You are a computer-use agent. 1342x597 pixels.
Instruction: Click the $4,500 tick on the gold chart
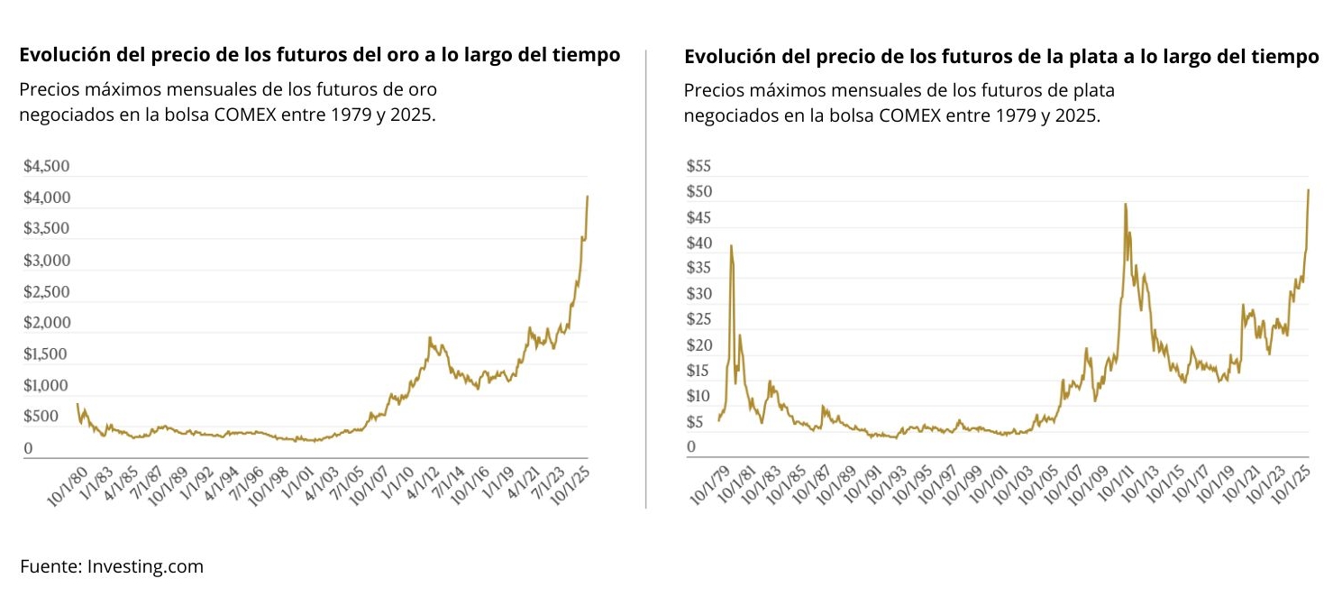[46, 167]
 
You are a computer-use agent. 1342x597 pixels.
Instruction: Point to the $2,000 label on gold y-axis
[46, 323]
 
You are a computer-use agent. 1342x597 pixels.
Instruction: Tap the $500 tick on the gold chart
[41, 417]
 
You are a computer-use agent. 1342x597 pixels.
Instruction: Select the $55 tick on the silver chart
[698, 167]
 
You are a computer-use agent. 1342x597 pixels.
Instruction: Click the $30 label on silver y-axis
[698, 294]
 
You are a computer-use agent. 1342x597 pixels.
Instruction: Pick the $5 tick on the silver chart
[695, 421]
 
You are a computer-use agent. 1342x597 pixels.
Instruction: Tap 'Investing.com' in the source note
[145, 567]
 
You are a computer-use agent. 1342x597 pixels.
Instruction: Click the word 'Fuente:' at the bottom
[50, 567]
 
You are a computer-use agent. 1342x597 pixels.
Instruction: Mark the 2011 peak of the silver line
[1126, 205]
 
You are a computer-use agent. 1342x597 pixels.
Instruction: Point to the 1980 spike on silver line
[731, 245]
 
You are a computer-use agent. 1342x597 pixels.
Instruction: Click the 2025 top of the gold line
[588, 197]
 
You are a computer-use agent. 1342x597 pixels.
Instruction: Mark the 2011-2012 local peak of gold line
[430, 337]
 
